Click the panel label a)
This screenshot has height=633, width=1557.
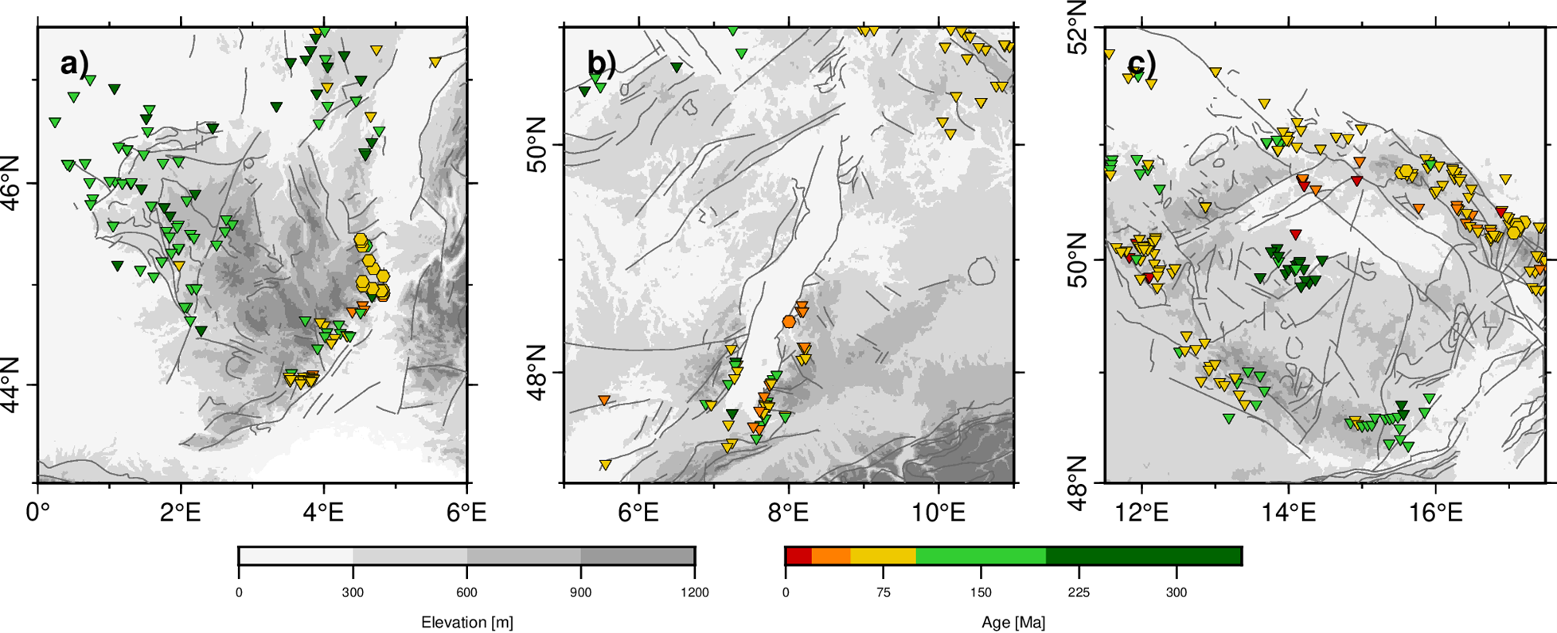click(74, 63)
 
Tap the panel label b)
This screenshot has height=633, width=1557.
click(601, 63)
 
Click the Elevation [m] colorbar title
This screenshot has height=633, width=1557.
click(466, 623)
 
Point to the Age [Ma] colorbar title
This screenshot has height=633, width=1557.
click(1013, 623)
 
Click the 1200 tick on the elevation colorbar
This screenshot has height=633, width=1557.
click(694, 592)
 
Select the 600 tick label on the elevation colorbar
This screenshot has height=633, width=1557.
click(466, 592)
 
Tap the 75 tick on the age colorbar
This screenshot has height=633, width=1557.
click(883, 592)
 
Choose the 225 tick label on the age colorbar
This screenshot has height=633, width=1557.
click(1079, 592)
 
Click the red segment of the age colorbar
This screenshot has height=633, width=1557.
click(798, 556)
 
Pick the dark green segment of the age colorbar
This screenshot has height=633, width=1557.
click(1143, 556)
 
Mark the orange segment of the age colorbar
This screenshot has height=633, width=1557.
click(830, 556)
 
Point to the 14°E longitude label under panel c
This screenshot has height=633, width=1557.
click(1289, 511)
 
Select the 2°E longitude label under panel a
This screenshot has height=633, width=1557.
click(180, 511)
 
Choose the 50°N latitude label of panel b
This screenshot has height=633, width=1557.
click(544, 144)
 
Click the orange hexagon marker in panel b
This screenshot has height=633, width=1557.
click(789, 322)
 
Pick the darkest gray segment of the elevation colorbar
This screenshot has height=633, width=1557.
click(638, 556)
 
